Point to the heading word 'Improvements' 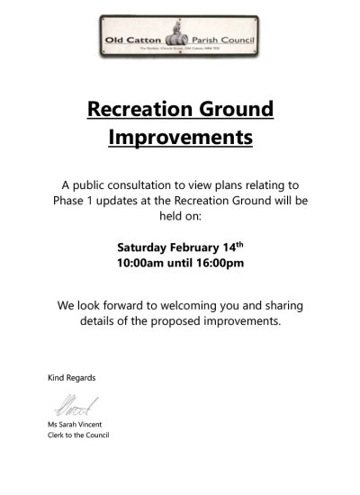point(180,138)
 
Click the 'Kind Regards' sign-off point(71,377)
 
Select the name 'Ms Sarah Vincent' point(76,425)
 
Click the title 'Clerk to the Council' point(78,436)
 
